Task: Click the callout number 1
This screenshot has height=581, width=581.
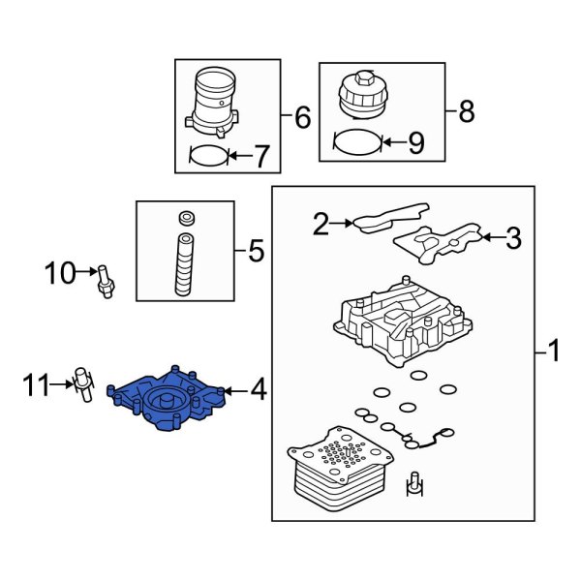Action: point(553,350)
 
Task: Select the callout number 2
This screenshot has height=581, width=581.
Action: point(321,225)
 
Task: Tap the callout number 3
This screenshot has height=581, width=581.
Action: point(513,237)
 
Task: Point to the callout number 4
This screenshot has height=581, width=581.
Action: point(258,390)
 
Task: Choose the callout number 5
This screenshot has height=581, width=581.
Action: point(255,253)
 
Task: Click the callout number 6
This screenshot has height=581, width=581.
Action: point(301,118)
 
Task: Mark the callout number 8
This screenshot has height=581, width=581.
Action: point(466,112)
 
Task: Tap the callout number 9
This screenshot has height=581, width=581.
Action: point(414,144)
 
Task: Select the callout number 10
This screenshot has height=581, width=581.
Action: point(60,274)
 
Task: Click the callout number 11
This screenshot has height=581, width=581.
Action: point(37,388)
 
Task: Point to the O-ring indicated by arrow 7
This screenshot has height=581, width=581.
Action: point(207,154)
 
